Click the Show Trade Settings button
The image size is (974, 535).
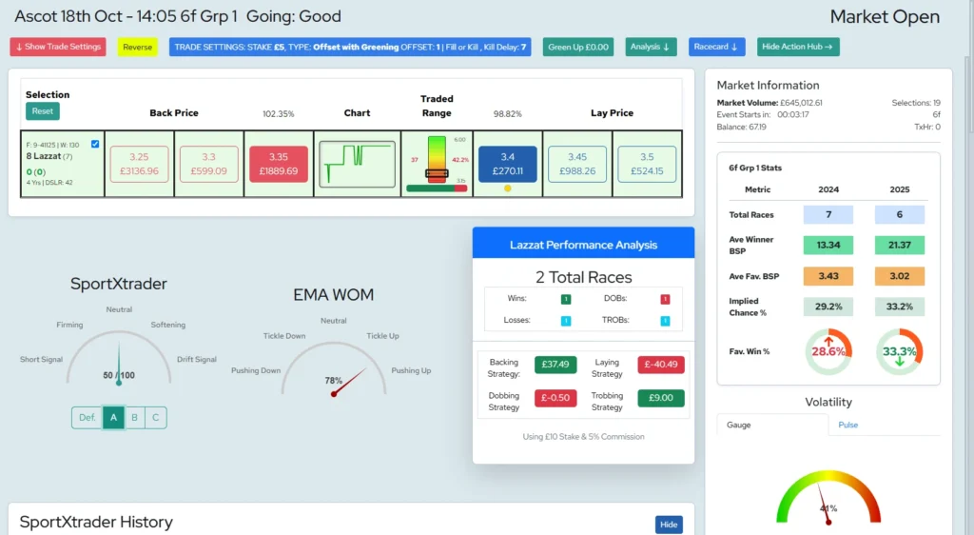tap(58, 47)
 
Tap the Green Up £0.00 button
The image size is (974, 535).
tap(578, 47)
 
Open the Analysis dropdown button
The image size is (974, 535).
tap(651, 47)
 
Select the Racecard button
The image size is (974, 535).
tap(716, 47)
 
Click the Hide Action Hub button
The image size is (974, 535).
tap(798, 47)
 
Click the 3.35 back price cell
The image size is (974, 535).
tap(278, 164)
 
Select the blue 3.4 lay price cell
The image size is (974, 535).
tap(507, 164)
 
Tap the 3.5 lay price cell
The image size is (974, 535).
tap(647, 164)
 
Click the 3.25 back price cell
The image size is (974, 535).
tap(139, 164)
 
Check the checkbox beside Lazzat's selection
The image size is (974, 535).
tap(94, 144)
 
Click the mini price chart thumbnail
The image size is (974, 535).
tap(357, 164)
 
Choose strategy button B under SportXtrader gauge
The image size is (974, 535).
tap(134, 417)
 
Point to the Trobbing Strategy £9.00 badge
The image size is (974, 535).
tap(660, 398)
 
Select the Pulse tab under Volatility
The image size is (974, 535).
tap(847, 425)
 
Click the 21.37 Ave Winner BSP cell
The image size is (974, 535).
tap(899, 246)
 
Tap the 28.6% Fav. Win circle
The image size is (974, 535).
tap(828, 351)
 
